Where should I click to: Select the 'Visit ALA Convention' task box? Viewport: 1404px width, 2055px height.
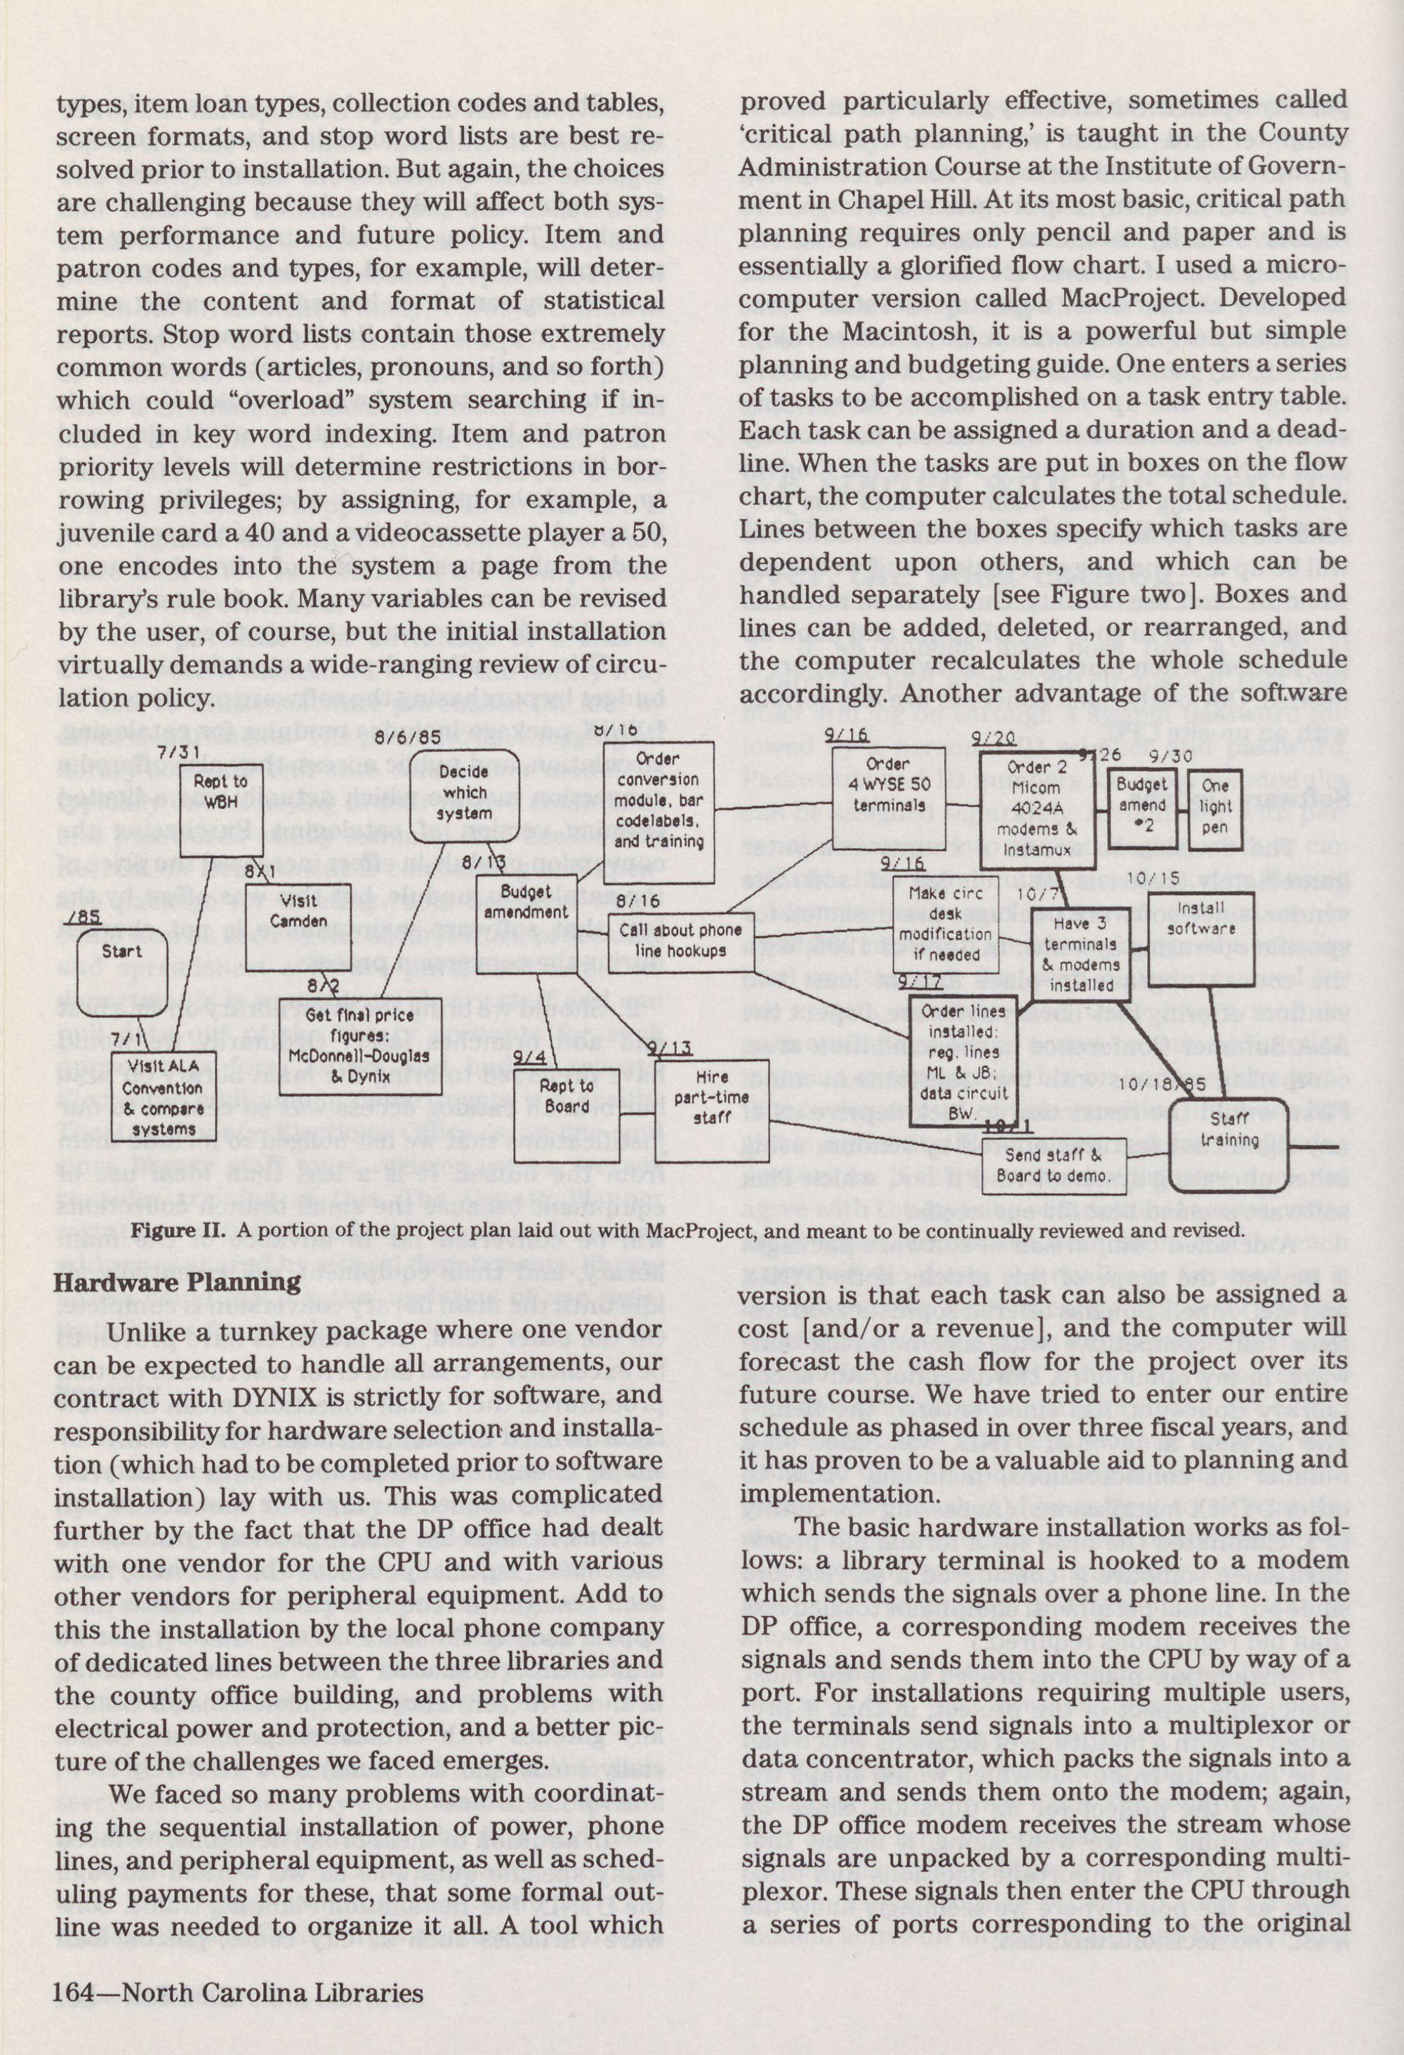point(163,1097)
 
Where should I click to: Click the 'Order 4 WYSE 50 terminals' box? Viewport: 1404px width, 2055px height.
point(888,798)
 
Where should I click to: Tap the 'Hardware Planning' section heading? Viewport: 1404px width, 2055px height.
point(177,1282)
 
